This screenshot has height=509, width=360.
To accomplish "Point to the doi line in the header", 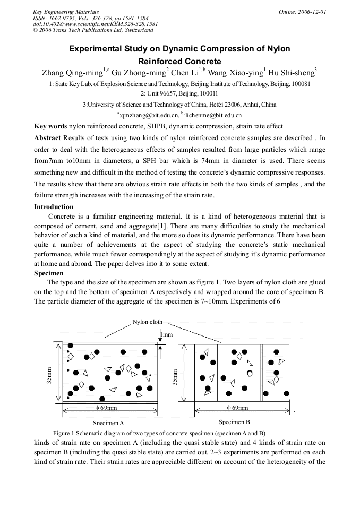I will coord(95,24).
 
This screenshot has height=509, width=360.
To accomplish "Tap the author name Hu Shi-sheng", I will coord(293,73).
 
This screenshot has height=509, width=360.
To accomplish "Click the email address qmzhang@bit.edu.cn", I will coord(150,115).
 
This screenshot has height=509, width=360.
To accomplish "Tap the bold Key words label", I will coord(50,126).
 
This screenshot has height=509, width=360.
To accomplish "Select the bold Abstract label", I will coord(47,137).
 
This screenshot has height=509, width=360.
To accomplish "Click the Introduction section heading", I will coord(54,207).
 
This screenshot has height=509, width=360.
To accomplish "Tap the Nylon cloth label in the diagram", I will coord(147,322).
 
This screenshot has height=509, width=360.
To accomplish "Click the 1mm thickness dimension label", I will coord(167,334).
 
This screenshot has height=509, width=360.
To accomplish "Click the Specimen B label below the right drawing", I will coord(234,422).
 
